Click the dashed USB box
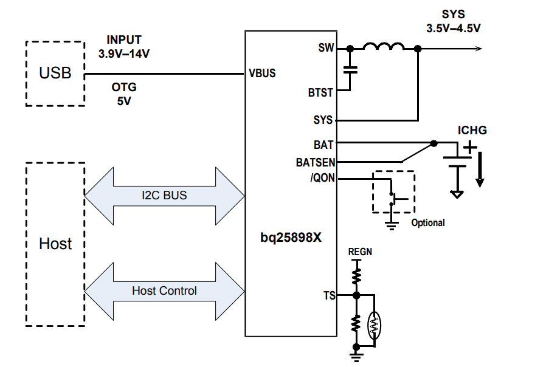coord(55,74)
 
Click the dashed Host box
coord(55,244)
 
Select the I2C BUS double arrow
coord(164,196)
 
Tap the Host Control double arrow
coord(164,291)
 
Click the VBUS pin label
coord(262,74)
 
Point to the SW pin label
coord(326,48)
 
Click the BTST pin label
coord(320,93)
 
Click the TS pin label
coord(328,296)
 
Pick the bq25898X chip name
coord(291,238)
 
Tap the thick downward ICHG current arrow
coord(480,170)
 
